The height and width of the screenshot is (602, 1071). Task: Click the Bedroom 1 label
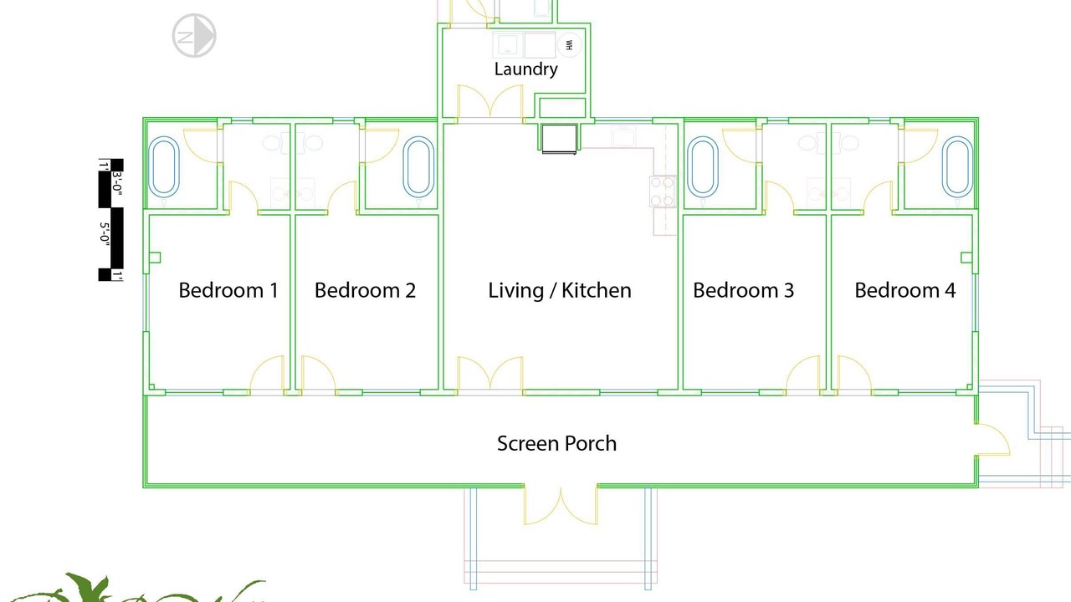pos(228,290)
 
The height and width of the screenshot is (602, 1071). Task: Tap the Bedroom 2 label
pos(365,290)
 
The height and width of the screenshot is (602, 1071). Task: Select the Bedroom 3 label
pos(744,290)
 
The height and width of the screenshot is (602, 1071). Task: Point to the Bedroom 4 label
pos(905,290)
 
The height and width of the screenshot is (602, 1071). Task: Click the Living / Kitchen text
pos(560,290)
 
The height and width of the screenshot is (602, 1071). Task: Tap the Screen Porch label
pos(556,443)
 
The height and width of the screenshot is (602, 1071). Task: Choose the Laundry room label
pos(526,69)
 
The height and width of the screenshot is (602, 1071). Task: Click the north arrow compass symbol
pos(194,36)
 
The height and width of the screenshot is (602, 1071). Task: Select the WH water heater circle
pos(570,45)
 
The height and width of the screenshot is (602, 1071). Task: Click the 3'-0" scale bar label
pos(117,183)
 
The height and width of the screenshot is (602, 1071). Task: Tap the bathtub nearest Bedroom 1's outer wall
pos(164,166)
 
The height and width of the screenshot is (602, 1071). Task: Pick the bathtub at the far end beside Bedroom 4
pos(958,166)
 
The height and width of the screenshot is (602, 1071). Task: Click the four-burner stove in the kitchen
pos(663,191)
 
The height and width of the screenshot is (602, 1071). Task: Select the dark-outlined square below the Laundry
pos(559,139)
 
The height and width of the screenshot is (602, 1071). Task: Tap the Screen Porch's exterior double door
pos(561,506)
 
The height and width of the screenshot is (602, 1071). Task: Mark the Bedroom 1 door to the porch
pos(267,375)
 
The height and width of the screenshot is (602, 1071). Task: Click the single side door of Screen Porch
pos(992,440)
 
